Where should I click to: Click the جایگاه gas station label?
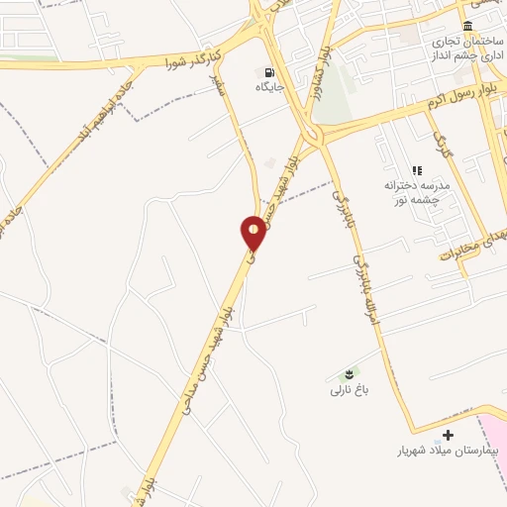270,88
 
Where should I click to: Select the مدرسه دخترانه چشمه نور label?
417,192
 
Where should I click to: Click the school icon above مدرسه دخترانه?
417,170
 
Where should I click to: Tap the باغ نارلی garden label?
349,391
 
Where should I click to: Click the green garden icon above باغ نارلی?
349,373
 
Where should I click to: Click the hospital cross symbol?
449,435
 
